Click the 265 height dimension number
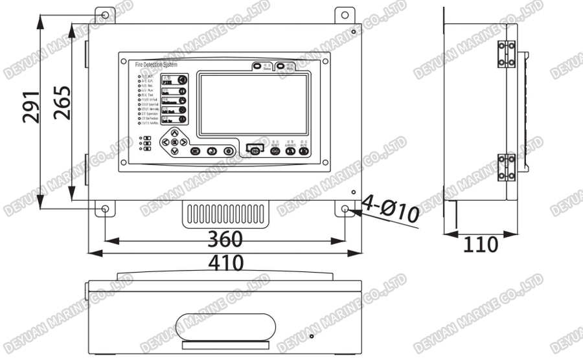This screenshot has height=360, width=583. [x=62, y=104]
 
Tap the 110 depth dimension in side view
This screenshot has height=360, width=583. [x=480, y=245]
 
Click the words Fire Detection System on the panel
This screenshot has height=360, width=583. [x=155, y=65]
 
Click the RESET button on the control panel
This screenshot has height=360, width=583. [x=275, y=151]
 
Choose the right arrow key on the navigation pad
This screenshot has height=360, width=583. [x=184, y=142]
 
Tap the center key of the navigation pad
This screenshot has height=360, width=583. [x=174, y=142]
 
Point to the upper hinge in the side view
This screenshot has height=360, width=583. [x=507, y=54]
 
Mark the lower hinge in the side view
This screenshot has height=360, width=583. [x=507, y=167]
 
